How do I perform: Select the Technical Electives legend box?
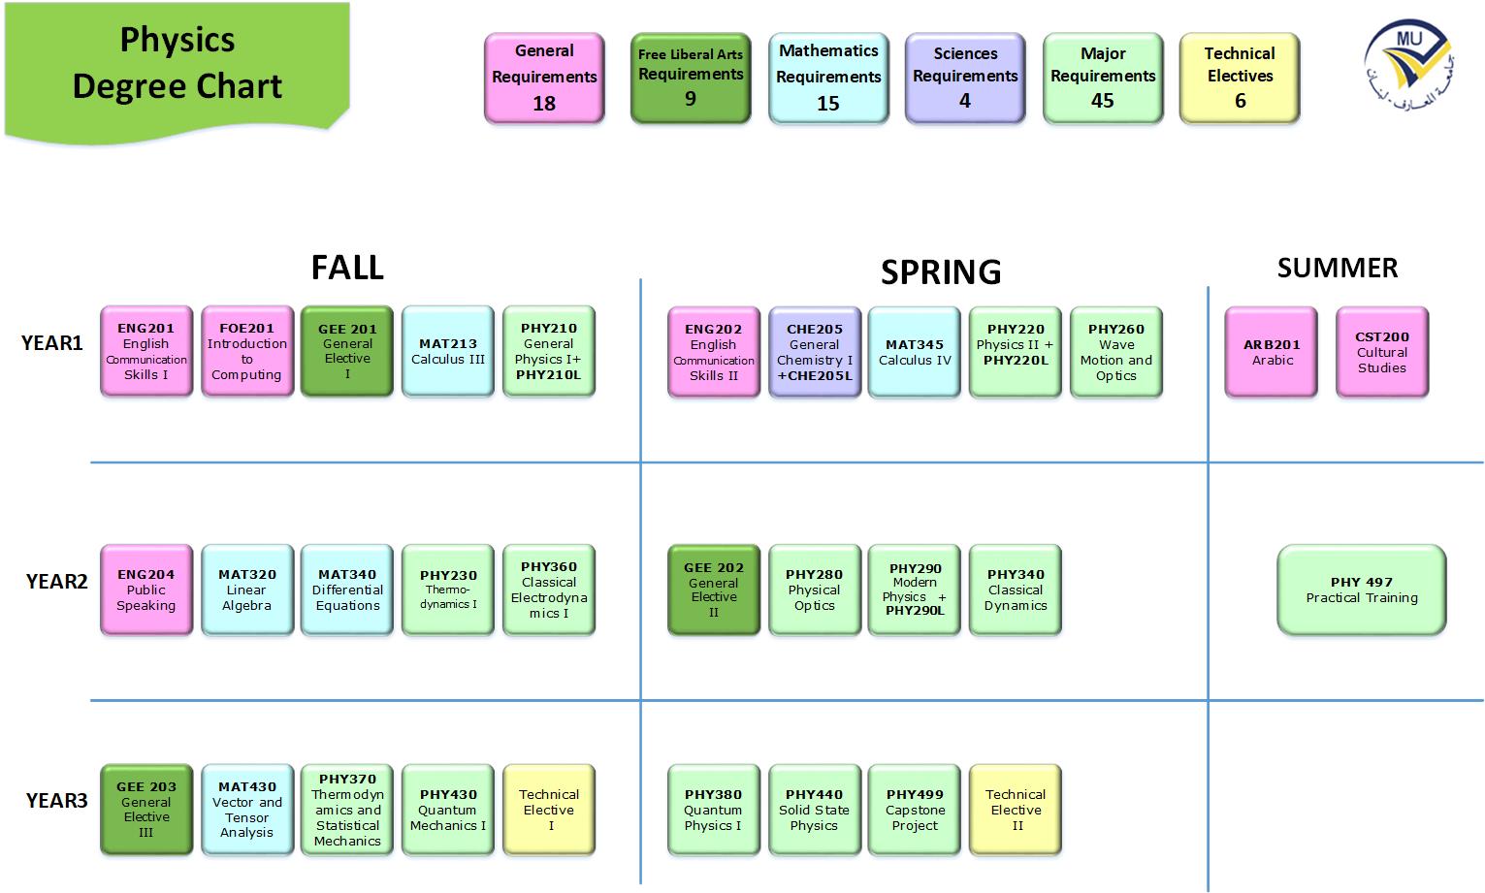click(x=1239, y=78)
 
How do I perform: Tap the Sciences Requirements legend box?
click(x=965, y=78)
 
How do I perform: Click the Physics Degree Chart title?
click(x=178, y=63)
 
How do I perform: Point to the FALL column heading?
click(x=347, y=267)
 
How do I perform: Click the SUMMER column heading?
click(x=1337, y=268)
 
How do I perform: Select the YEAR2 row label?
click(x=56, y=581)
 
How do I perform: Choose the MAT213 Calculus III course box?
click(x=448, y=351)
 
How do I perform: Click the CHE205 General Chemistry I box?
click(x=815, y=352)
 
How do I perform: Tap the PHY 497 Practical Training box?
click(x=1361, y=590)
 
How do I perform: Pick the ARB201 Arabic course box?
click(x=1272, y=352)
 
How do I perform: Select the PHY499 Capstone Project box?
click(x=915, y=810)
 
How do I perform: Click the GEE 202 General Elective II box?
click(x=714, y=590)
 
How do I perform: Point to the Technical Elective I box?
click(x=549, y=810)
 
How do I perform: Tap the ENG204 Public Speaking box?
click(x=146, y=590)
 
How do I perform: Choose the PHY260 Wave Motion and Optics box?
click(x=1116, y=352)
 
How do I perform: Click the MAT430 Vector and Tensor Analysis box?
click(x=247, y=810)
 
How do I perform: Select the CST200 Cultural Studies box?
click(x=1381, y=352)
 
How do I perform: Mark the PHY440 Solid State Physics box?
click(x=814, y=810)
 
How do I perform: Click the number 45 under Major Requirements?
click(x=1103, y=101)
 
